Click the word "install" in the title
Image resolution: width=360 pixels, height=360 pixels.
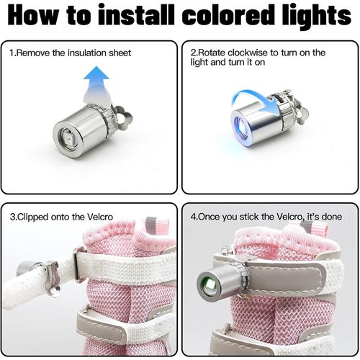coord(136,15)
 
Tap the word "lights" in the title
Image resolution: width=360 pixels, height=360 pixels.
coord(317,17)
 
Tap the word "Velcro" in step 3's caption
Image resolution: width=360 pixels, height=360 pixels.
coord(100,217)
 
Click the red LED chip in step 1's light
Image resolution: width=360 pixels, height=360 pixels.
coord(68,139)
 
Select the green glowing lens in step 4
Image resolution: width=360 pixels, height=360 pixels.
coord(208,284)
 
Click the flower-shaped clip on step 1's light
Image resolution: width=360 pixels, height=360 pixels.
coord(122,117)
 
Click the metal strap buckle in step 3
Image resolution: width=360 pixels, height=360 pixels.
coord(79,264)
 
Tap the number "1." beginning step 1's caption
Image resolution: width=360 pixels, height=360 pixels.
coord(13,53)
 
